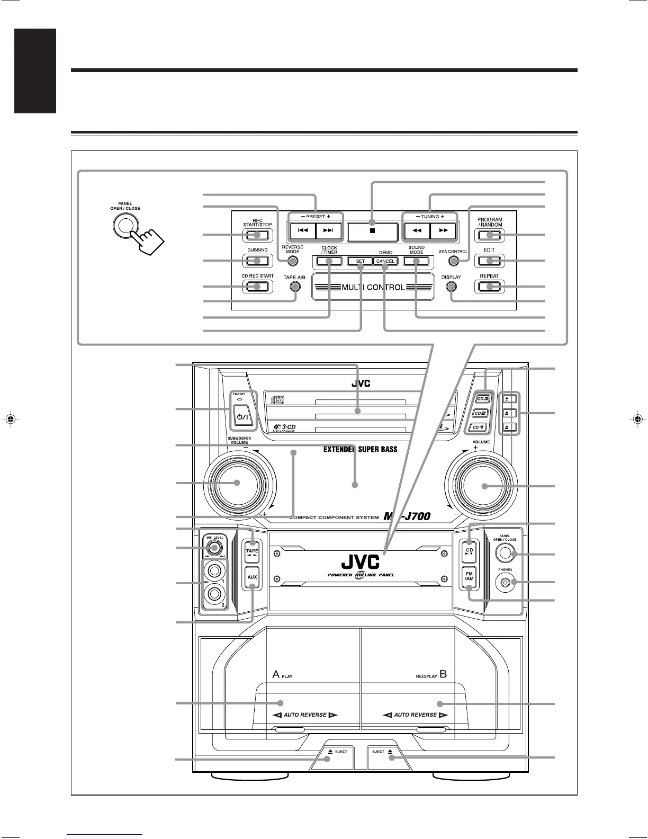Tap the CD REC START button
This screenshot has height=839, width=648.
click(258, 287)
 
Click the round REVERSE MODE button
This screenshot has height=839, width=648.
click(292, 260)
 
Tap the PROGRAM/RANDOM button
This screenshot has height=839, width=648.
click(489, 235)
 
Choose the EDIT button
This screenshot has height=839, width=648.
click(489, 261)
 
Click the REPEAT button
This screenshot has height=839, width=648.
click(489, 287)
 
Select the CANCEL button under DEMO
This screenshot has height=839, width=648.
click(385, 261)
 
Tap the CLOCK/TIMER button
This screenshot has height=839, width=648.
click(329, 261)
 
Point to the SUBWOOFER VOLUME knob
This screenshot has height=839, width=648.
click(238, 483)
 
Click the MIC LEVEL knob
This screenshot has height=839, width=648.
click(213, 548)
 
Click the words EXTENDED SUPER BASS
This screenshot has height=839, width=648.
click(360, 450)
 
